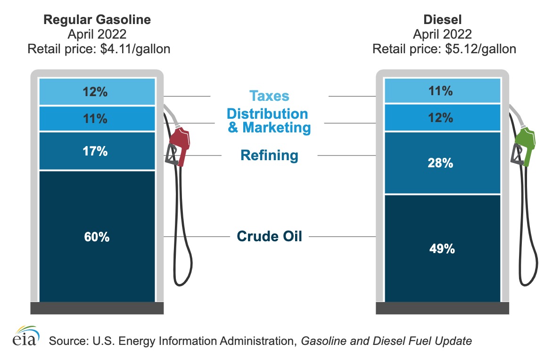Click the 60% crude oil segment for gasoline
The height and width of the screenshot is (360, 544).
tap(97, 236)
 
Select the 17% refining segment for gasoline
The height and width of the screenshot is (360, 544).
tap(97, 151)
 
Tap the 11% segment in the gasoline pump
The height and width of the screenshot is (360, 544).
tap(97, 119)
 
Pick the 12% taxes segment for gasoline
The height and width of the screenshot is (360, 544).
tap(97, 91)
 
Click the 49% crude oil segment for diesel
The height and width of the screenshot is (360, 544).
tap(442, 248)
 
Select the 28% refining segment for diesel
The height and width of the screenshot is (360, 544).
tap(442, 163)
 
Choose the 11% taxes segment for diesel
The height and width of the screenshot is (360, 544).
tap(442, 90)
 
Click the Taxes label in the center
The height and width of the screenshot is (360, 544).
tap(269, 96)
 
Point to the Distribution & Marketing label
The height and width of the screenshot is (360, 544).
tap(269, 121)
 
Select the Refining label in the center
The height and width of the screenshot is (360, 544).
tap(269, 155)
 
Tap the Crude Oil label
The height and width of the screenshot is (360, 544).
tap(269, 236)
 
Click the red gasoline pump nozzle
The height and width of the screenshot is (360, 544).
tap(180, 142)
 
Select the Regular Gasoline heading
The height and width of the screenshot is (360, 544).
tap(97, 20)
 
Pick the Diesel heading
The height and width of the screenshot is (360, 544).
tap(442, 20)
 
